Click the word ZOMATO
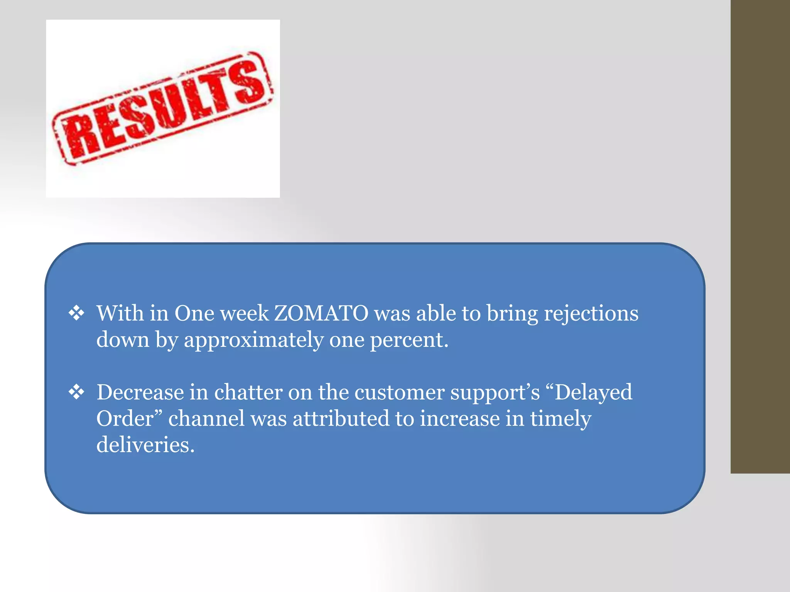point(321,313)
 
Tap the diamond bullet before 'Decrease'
point(76,392)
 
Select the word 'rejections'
point(591,314)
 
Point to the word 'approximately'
point(253,340)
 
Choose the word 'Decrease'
point(140,392)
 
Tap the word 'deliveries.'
point(145,445)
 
